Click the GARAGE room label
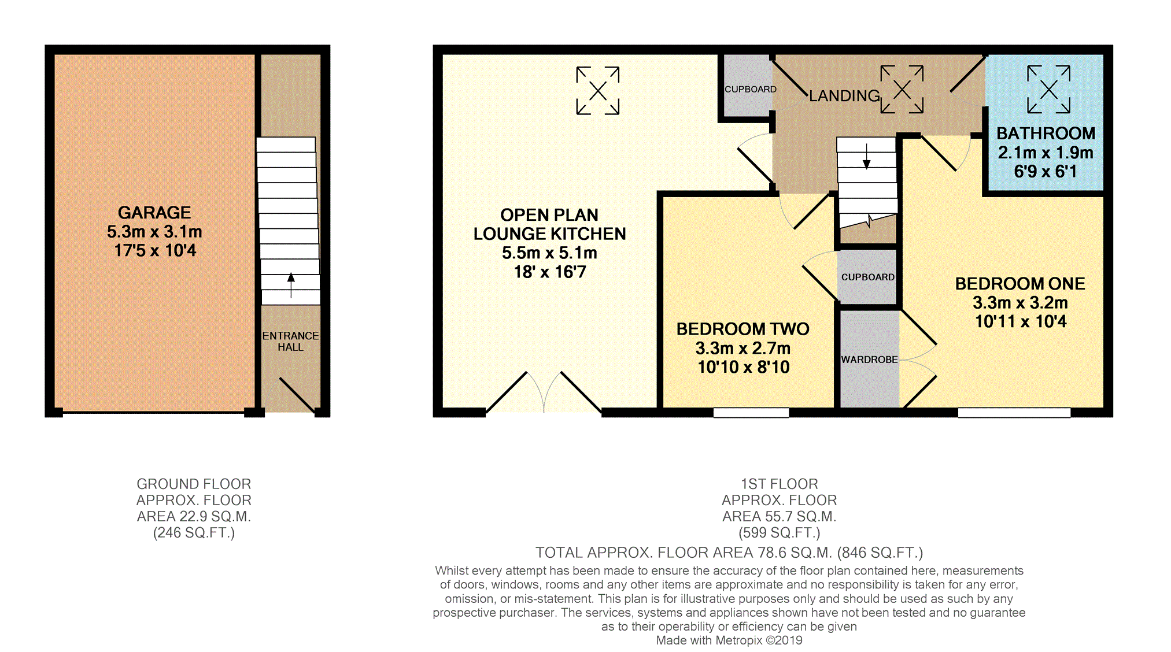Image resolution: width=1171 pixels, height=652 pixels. click(x=154, y=213)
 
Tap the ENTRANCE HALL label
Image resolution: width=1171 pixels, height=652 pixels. click(x=290, y=341)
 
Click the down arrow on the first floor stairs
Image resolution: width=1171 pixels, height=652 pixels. click(x=866, y=156)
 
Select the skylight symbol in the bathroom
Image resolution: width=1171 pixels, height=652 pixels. click(x=1048, y=89)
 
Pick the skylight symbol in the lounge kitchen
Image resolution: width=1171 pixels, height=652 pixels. click(x=598, y=90)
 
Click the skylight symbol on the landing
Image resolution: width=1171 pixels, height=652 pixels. click(x=902, y=89)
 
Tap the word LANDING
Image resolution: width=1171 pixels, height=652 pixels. click(x=844, y=96)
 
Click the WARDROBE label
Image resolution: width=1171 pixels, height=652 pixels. click(x=869, y=360)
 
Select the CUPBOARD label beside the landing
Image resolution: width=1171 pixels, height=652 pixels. click(x=751, y=89)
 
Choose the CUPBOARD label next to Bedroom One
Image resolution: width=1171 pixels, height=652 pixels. click(x=868, y=277)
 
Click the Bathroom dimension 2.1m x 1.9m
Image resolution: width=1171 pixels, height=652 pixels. click(x=1046, y=153)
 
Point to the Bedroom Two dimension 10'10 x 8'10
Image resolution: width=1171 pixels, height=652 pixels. click(x=744, y=367)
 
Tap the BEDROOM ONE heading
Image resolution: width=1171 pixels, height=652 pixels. click(x=1020, y=284)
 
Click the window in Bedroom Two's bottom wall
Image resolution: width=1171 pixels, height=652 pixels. click(x=751, y=413)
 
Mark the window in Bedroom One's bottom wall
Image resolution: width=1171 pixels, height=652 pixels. click(x=1014, y=413)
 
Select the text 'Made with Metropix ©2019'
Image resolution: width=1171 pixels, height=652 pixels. click(x=729, y=640)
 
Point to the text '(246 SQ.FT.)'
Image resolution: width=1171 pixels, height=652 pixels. click(x=194, y=533)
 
